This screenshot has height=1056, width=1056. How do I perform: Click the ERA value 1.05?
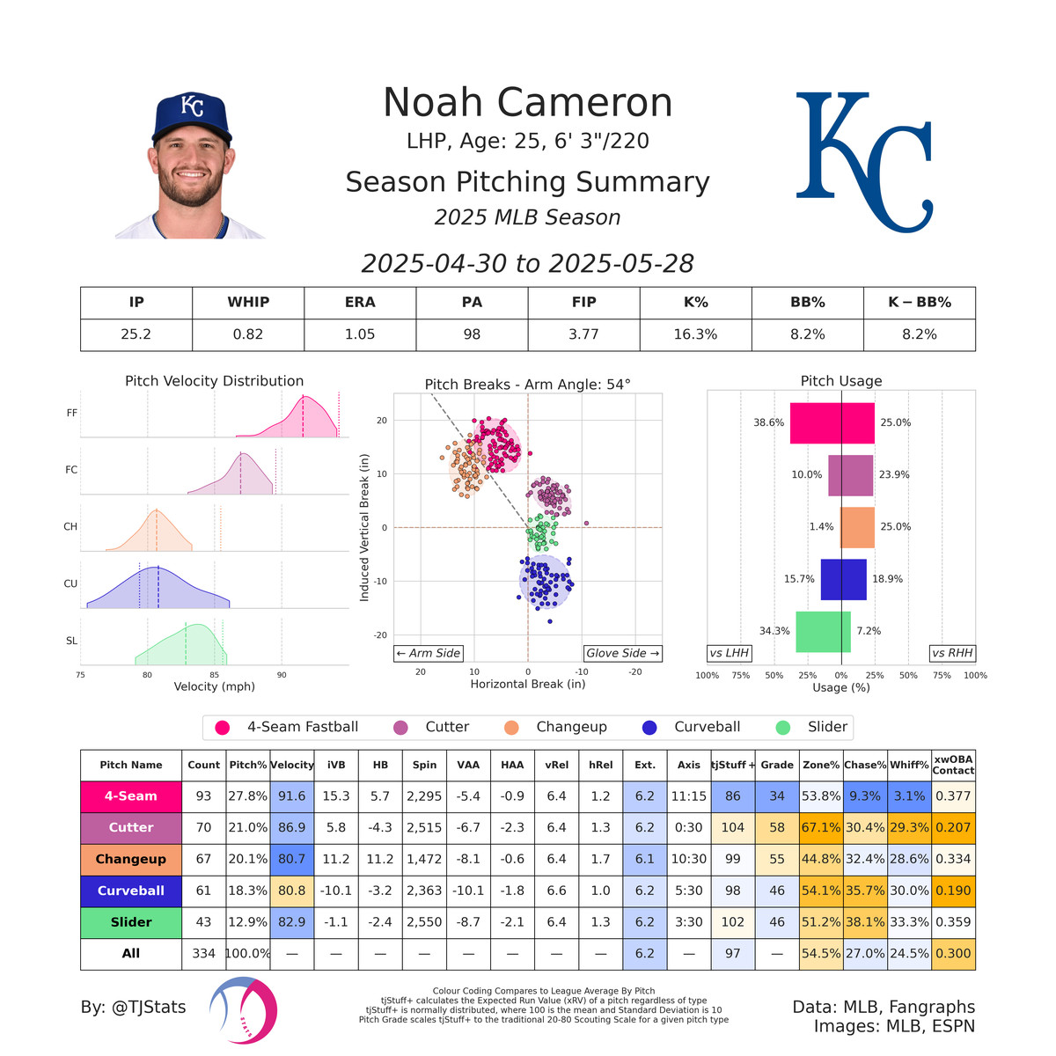tap(360, 334)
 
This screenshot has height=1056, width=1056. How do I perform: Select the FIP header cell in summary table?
tap(583, 302)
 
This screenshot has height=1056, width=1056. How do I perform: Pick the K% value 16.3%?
tap(695, 334)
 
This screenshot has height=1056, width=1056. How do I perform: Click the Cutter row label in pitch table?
tap(131, 827)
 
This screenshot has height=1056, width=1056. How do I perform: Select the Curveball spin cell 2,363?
tap(424, 891)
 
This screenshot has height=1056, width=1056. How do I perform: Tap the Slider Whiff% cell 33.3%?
tap(909, 922)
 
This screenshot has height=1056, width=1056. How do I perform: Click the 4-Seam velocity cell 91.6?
tap(292, 796)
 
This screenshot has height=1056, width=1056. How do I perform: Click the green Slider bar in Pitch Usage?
tap(823, 632)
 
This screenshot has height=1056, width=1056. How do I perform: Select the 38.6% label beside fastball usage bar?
tap(768, 422)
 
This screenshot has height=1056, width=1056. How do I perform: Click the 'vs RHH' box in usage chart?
tap(952, 653)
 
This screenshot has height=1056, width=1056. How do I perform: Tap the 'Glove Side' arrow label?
tap(622, 653)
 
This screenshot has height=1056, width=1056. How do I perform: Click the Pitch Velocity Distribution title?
tap(214, 381)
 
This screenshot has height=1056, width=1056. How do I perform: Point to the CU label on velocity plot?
tap(71, 583)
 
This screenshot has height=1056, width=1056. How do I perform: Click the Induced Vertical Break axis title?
tap(364, 528)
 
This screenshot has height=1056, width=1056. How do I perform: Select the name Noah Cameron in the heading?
tap(527, 103)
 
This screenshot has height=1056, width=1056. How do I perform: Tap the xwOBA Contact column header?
tap(953, 765)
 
